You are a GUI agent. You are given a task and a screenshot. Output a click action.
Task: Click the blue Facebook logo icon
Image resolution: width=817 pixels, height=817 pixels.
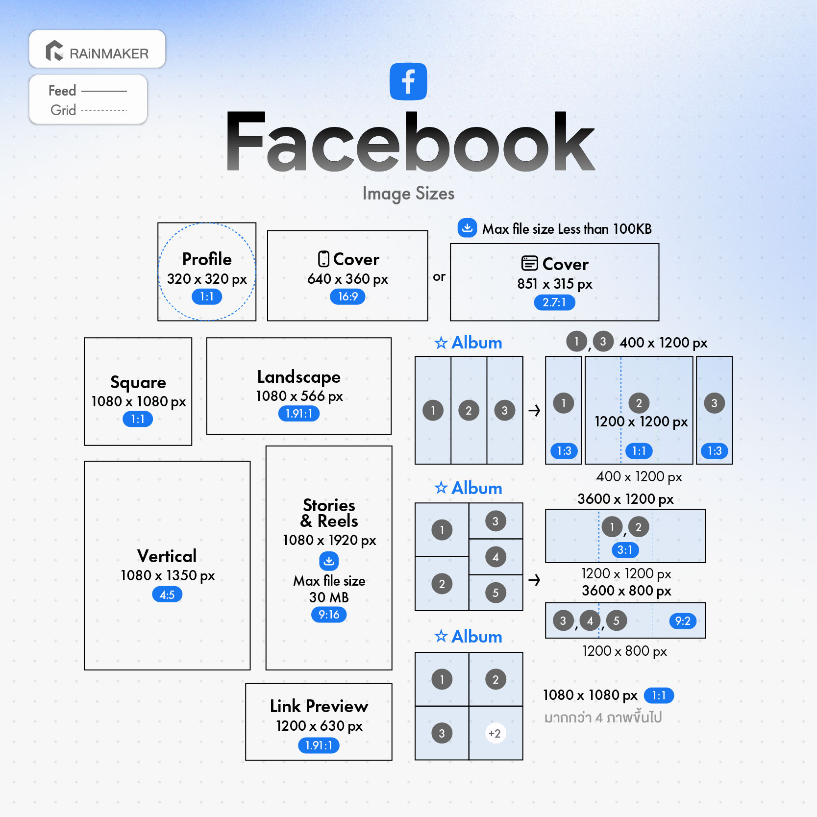408,81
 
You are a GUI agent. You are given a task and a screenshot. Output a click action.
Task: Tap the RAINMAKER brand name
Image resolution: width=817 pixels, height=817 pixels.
109,53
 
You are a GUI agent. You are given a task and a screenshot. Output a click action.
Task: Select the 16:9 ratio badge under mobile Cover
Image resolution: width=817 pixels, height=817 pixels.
347,297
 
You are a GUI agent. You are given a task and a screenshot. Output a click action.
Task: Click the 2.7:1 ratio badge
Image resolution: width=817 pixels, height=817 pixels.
554,302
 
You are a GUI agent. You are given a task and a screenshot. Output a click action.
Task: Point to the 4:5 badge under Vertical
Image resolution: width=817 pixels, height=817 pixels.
167,594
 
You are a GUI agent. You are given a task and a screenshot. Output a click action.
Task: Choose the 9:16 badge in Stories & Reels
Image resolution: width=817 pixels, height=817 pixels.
329,615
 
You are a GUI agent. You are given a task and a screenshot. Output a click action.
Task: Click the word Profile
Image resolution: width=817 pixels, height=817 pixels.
207,259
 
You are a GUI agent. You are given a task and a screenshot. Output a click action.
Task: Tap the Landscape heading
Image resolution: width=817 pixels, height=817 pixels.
299,377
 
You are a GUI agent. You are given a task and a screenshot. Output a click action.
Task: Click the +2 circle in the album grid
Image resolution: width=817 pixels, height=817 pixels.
495,733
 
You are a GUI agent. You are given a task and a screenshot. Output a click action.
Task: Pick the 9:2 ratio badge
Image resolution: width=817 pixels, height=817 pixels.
683,621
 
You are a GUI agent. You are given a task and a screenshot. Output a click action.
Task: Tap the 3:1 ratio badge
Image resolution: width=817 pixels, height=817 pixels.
625,550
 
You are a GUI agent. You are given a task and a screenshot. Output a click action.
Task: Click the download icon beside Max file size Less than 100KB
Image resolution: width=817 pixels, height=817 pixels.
467,228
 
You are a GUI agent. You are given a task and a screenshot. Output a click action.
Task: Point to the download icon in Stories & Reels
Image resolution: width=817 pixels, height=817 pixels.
329,561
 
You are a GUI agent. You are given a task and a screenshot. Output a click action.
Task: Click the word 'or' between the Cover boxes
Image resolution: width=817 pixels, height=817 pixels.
439,277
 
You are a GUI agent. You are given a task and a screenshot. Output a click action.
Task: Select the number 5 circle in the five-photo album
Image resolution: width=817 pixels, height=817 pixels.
495,593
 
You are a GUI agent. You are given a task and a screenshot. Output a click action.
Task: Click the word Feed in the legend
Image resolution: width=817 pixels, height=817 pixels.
62,91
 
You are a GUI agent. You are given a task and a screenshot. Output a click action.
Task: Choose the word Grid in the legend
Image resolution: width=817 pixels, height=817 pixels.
63,110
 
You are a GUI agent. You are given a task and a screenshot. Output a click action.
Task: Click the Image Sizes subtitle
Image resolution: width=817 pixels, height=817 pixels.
408,194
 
